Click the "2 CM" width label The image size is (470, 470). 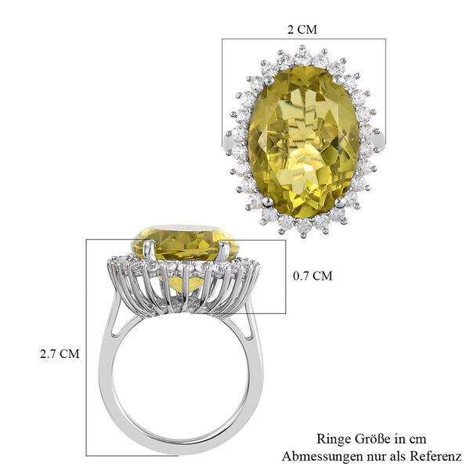(x=303, y=30)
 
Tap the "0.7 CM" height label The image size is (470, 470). (x=313, y=276)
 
